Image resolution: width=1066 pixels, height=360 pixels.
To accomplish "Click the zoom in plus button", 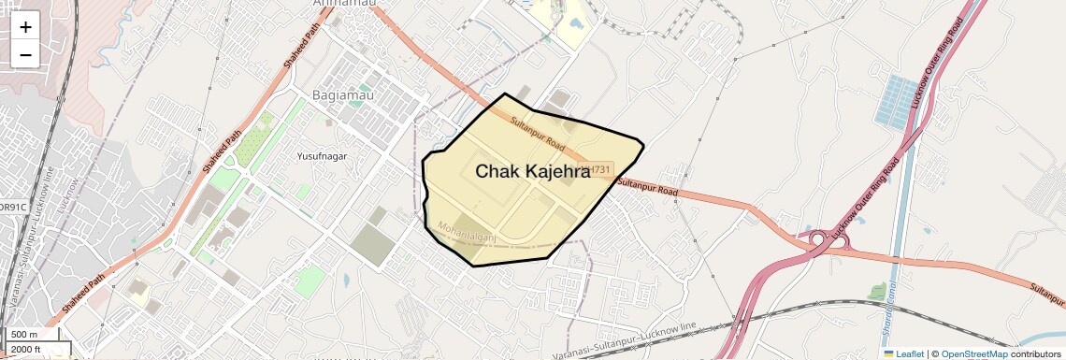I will (x=25, y=27).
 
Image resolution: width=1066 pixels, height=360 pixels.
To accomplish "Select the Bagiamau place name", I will (x=340, y=95).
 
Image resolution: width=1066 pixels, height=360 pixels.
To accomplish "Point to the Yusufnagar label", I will (x=321, y=156).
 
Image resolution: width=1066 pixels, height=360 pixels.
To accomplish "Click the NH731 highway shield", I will (x=596, y=170).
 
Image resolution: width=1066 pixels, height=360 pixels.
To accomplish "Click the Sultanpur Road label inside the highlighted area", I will (x=538, y=135).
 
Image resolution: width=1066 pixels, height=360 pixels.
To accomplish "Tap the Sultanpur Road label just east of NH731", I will (x=647, y=185).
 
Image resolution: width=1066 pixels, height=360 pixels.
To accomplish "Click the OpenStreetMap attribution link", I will (x=973, y=353).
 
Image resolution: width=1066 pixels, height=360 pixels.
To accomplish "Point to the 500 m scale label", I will (x=24, y=335).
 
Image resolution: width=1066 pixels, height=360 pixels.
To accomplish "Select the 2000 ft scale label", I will (x=25, y=350).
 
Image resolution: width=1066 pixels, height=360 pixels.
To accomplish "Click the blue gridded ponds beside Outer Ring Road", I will (x=897, y=101).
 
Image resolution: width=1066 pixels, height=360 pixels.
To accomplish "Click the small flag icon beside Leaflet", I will (x=888, y=353).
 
